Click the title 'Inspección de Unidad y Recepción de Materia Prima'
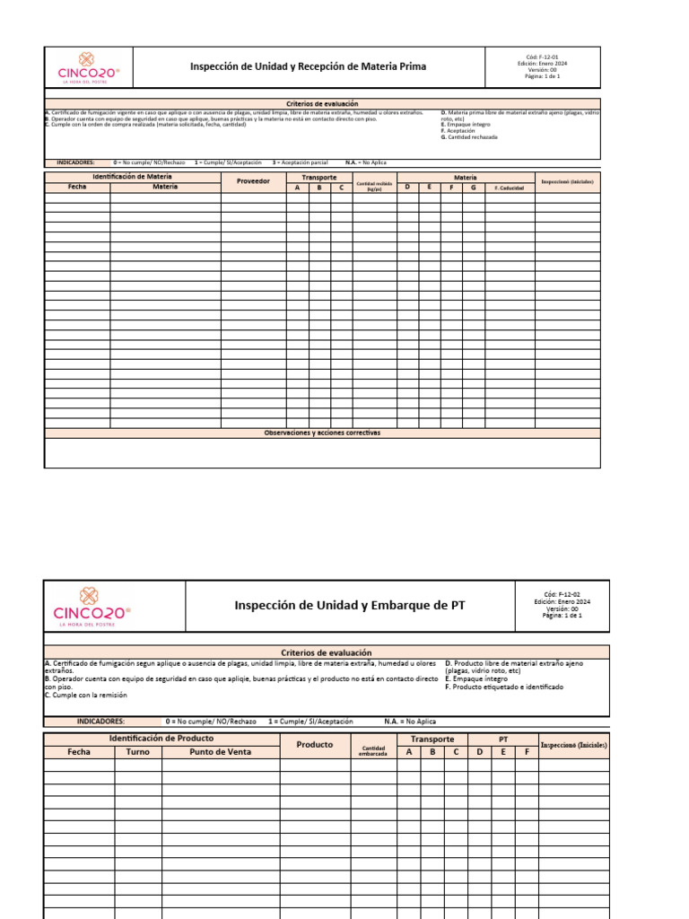click(307, 67)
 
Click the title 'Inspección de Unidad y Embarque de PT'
click(350, 606)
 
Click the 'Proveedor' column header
click(253, 182)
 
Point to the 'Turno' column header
click(138, 752)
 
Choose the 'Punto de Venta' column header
click(220, 752)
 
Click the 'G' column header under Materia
click(474, 187)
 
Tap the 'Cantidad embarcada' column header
click(373, 751)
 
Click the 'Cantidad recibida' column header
click(374, 186)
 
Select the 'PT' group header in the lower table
click(502, 740)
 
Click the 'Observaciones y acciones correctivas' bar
click(322, 433)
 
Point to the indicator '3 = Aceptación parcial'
click(301, 162)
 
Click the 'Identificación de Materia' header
click(133, 177)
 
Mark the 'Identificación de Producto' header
click(161, 738)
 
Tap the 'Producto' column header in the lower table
click(315, 745)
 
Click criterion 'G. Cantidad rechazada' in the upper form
click(469, 137)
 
